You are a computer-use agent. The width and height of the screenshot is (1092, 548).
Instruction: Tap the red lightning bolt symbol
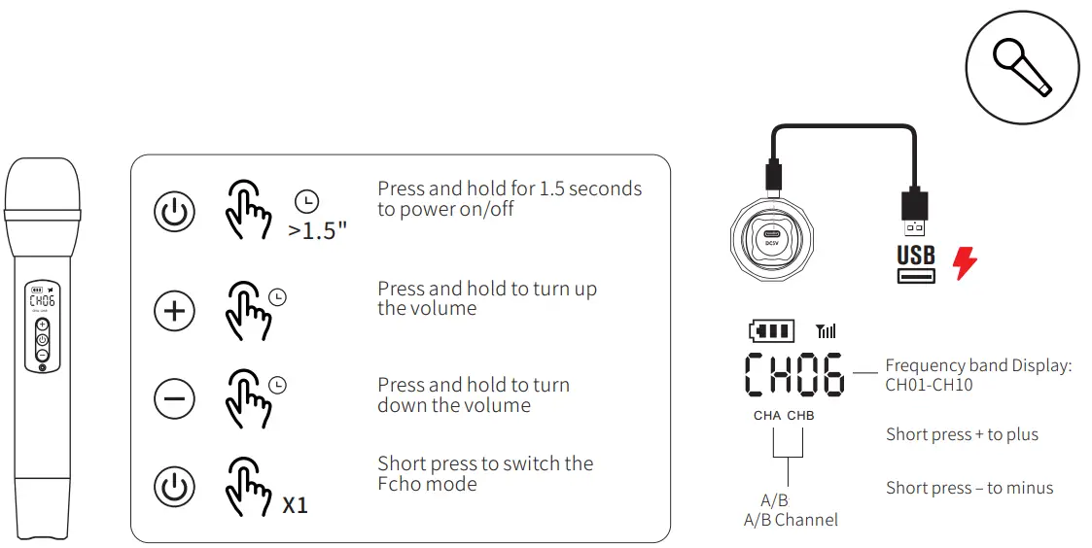coord(965,262)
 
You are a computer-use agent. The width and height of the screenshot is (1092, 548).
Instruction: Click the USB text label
coord(916,256)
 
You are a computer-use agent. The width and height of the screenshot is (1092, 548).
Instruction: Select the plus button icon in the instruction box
coord(175,311)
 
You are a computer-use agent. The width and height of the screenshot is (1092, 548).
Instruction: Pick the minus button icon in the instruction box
coord(175,398)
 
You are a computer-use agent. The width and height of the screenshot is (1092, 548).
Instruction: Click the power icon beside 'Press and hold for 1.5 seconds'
coord(175,212)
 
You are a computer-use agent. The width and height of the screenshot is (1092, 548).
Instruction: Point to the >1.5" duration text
coord(317,231)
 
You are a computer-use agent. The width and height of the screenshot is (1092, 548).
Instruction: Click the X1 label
coord(295,505)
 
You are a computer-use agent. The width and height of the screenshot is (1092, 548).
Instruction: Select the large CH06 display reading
coord(793,374)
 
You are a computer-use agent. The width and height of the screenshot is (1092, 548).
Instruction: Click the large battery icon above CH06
coord(771,331)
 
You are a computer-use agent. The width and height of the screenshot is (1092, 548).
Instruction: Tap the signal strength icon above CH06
coord(827,331)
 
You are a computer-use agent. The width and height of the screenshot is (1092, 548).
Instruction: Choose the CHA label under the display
coord(767,416)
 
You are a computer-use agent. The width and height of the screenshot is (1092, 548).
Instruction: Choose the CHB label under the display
coord(801,416)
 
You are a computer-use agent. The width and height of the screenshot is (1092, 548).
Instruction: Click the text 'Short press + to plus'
coord(962,434)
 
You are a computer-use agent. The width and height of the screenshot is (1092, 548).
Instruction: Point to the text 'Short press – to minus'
coord(969,488)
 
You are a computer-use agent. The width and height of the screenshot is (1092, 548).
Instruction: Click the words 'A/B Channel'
coord(791,520)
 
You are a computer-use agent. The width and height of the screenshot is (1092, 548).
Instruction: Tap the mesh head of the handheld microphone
coord(42,185)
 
